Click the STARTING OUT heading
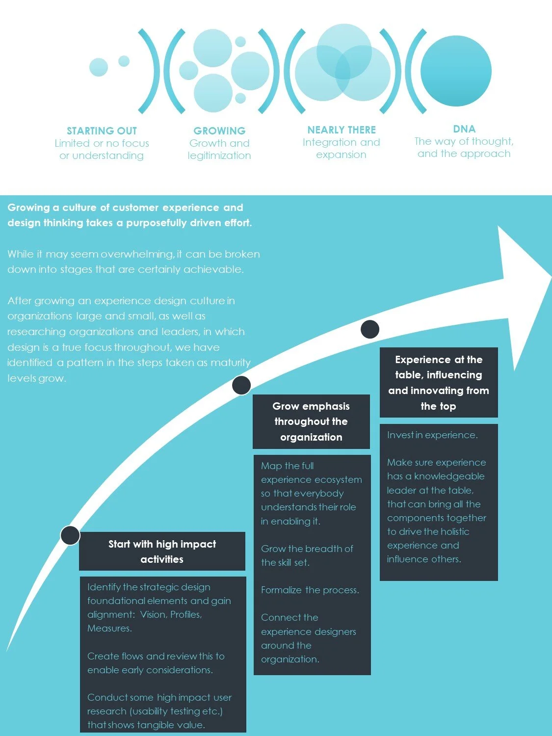point(102,131)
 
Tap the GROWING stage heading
point(219,131)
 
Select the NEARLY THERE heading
point(342,130)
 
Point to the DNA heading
point(464,129)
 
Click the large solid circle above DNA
point(456,71)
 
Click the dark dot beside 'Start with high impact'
point(70,535)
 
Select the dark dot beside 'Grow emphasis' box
point(241,385)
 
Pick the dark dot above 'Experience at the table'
point(370,329)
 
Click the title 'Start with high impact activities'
point(162,552)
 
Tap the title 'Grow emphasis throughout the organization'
point(311,421)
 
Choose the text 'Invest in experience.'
point(432,435)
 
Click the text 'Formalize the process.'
point(310,590)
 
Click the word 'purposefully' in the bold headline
point(160,223)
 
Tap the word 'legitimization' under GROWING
point(219,156)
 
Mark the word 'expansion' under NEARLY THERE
point(341,155)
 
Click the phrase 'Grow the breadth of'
point(307,549)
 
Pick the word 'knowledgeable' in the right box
point(449,476)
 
